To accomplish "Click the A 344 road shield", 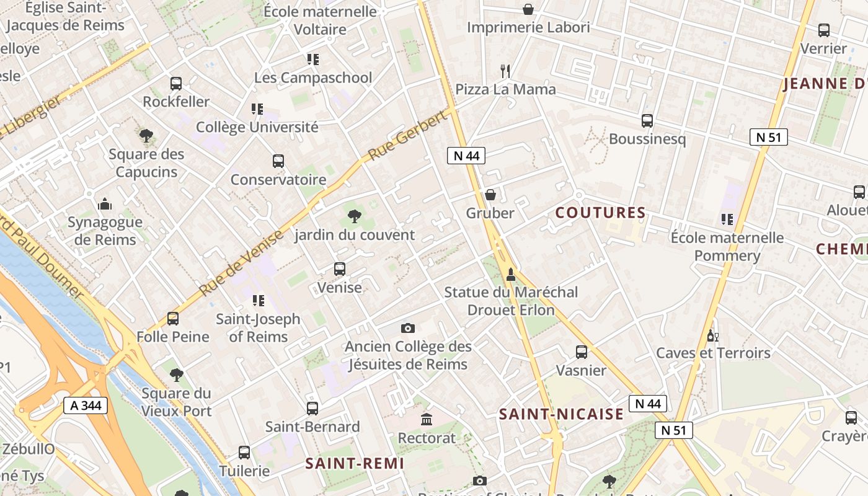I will [86, 406].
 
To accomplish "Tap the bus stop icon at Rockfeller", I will [176, 84].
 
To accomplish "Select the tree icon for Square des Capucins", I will [146, 135].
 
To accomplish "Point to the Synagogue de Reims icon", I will [105, 204].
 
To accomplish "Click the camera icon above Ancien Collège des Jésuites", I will [407, 328].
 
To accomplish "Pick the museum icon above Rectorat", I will [427, 420].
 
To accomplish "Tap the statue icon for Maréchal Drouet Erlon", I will [511, 274].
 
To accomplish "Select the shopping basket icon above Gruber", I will [490, 195].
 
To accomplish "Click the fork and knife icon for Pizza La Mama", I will [505, 71].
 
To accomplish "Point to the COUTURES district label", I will [600, 213].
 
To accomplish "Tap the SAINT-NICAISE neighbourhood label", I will [561, 414].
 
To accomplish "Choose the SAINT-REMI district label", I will [355, 463].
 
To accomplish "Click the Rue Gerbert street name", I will [407, 136].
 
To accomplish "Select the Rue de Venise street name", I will [241, 262].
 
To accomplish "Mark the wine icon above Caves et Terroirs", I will [713, 335].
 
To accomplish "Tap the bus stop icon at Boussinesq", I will [647, 121].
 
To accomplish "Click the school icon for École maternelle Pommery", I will [727, 219].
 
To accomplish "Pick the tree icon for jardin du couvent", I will [355, 216].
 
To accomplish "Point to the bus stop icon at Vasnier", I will [582, 352].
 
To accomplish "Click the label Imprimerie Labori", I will [528, 27].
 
